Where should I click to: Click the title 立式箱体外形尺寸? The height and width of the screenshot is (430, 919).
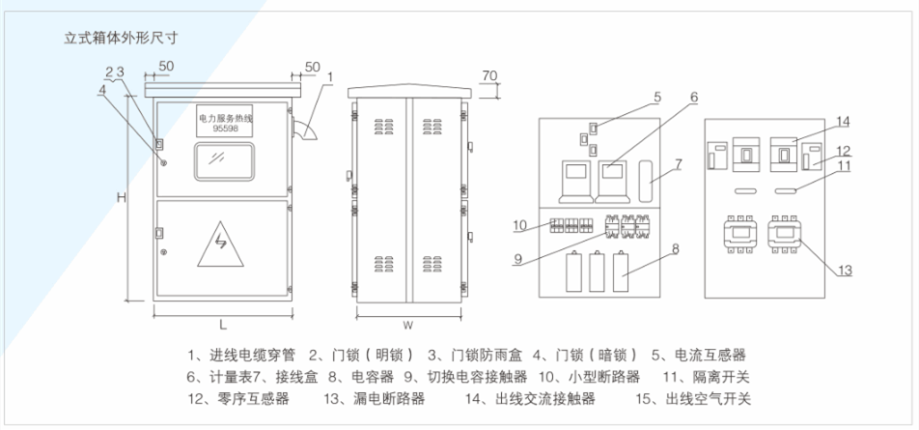[x=122, y=41]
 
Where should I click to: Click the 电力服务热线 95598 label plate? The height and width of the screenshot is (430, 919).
[x=223, y=121]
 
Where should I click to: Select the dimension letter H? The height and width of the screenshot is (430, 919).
[x=122, y=198]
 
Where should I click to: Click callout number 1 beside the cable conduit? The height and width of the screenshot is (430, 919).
[x=329, y=75]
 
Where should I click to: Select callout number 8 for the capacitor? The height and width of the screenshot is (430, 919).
[x=676, y=248]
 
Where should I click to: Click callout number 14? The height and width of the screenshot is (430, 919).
[x=843, y=121]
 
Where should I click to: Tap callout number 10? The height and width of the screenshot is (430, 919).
[x=519, y=226]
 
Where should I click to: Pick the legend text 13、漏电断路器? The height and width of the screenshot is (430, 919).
[x=374, y=398]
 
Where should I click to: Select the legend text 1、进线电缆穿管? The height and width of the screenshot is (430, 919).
[x=237, y=355]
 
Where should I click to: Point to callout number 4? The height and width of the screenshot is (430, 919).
[x=101, y=90]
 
